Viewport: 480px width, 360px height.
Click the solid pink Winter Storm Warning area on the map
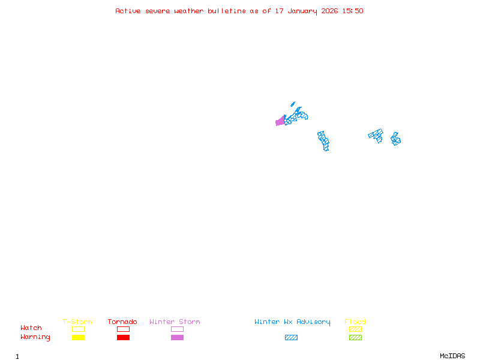[x=280, y=121]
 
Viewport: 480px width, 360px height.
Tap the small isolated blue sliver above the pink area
[x=293, y=104]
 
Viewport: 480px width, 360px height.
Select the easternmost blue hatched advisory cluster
[x=395, y=139]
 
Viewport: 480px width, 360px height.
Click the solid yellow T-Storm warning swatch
[x=78, y=337]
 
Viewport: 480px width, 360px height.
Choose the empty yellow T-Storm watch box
[x=78, y=329]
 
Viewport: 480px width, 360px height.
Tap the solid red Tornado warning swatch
[x=123, y=337]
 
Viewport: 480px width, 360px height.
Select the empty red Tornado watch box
[x=123, y=329]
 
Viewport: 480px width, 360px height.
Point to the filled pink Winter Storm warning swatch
[x=177, y=337]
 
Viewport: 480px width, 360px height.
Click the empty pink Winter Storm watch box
[x=177, y=329]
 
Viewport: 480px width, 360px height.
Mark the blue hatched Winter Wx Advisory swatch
[x=291, y=337]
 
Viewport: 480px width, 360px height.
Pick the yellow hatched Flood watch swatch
[x=355, y=329]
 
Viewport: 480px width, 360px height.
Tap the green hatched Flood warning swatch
[x=355, y=337]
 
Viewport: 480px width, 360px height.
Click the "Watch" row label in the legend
[x=31, y=328]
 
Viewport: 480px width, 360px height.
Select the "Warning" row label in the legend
[x=35, y=337]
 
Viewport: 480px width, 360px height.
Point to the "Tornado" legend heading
[x=122, y=322]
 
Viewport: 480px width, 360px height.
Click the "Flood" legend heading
[x=355, y=322]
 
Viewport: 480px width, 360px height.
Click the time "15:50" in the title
[x=353, y=11]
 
